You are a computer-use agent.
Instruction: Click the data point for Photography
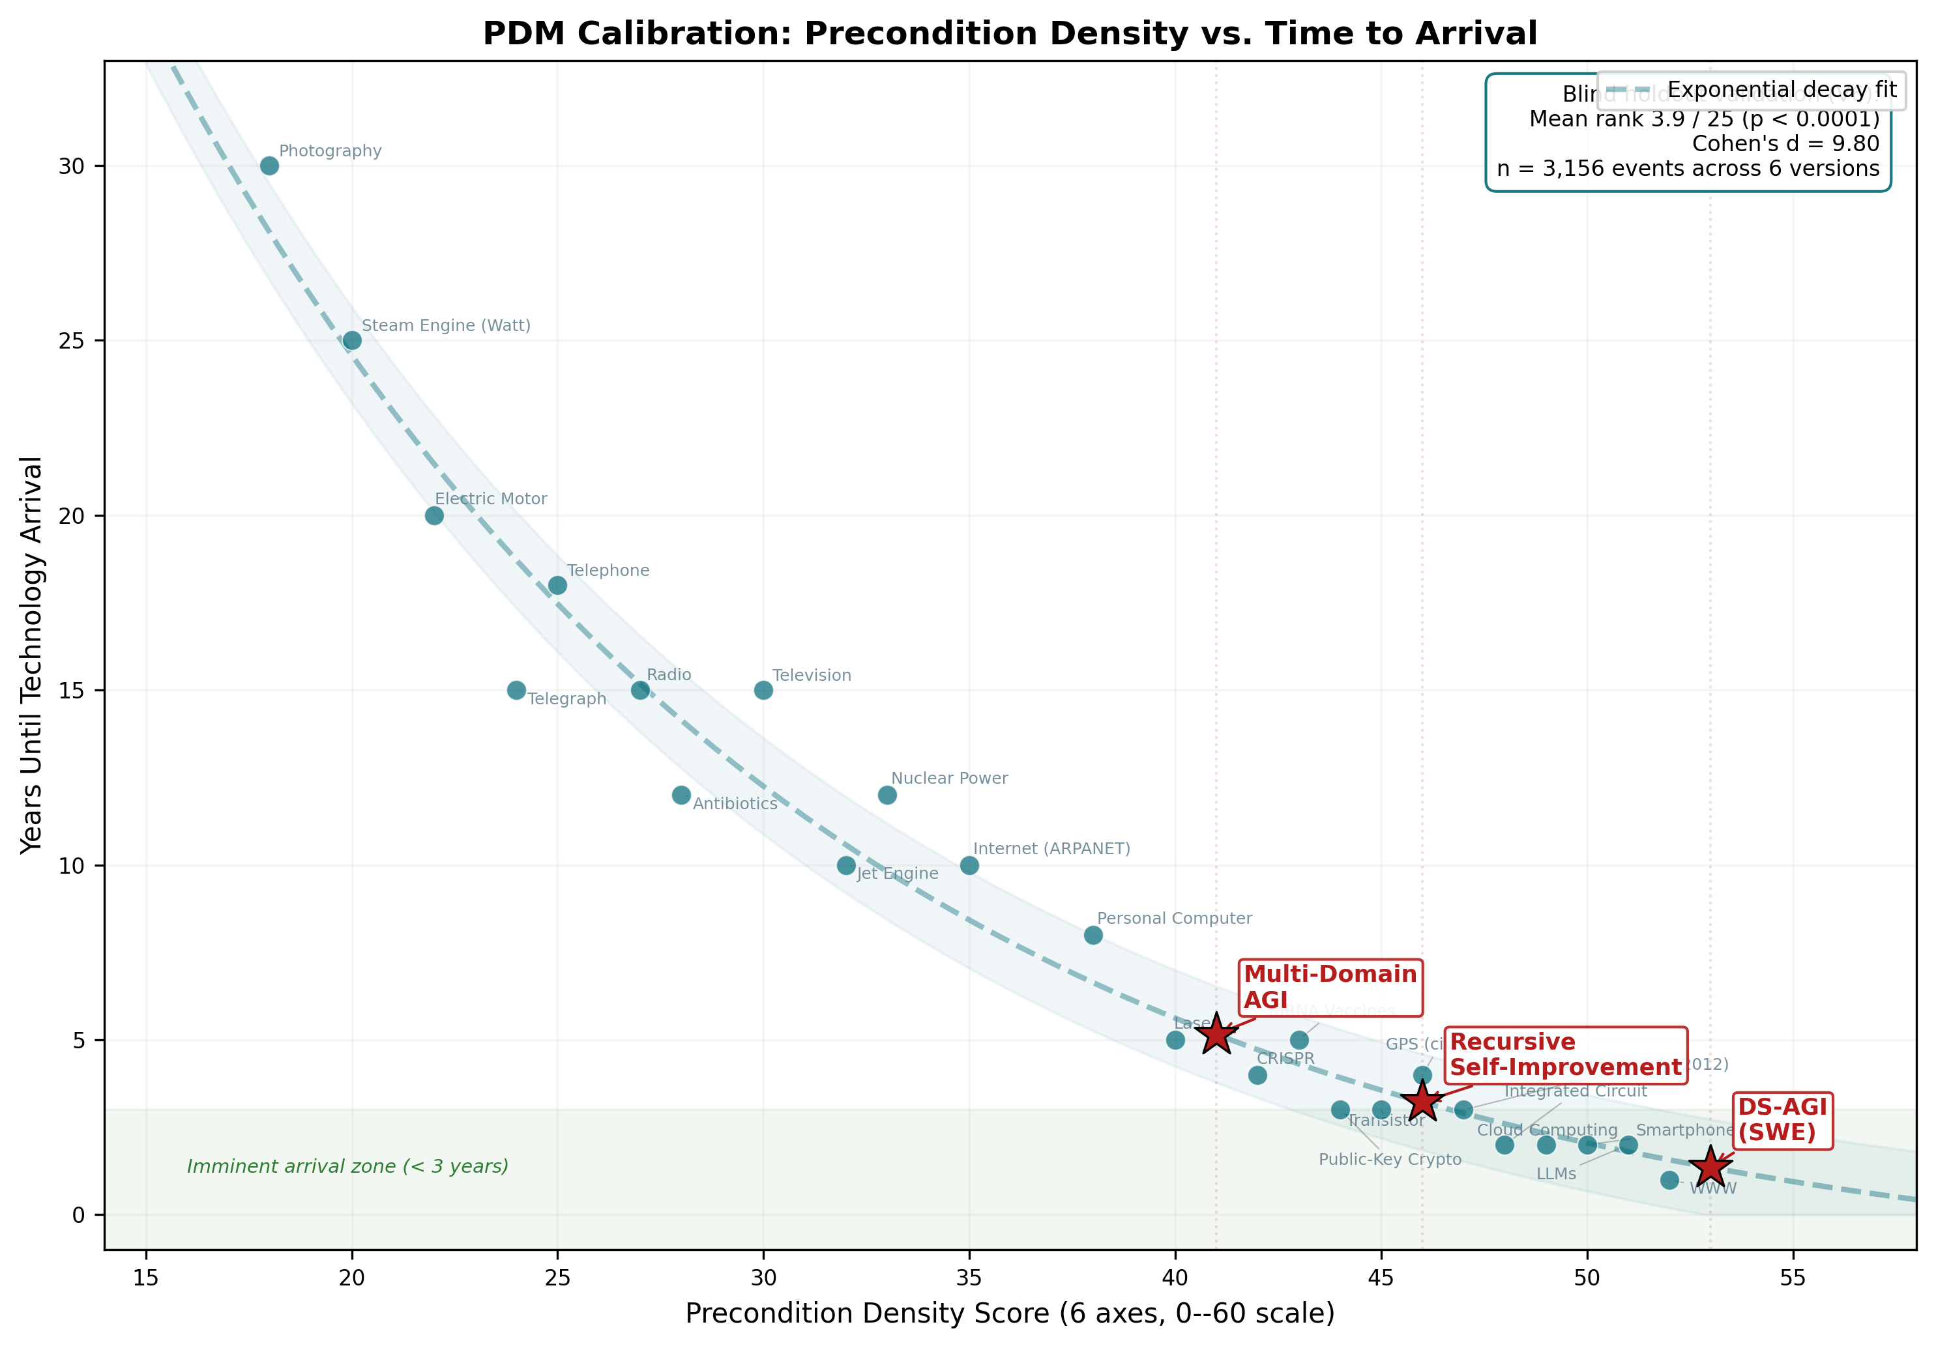(x=269, y=166)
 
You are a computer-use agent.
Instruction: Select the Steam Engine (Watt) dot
(x=353, y=341)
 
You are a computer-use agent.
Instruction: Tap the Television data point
(x=763, y=691)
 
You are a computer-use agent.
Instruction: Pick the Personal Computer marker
(x=1093, y=935)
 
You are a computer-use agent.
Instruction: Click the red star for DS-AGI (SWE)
(x=1710, y=1168)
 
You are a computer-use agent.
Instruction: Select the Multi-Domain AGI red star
(x=1216, y=1035)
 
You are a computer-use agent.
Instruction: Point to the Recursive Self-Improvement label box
(x=1565, y=1055)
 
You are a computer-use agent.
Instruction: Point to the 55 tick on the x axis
(x=1793, y=1278)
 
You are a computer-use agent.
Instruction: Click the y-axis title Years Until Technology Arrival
(x=32, y=655)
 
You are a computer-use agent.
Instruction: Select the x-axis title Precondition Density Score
(x=1009, y=1313)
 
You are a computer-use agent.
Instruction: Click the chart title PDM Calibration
(x=1009, y=34)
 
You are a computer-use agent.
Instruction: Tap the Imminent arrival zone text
(x=347, y=1167)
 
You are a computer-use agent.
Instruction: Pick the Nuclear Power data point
(x=887, y=795)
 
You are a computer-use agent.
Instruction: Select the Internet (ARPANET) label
(x=1051, y=849)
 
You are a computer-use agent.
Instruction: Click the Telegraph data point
(x=516, y=691)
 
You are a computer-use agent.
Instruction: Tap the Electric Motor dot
(x=434, y=516)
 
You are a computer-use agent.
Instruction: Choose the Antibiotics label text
(x=735, y=804)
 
